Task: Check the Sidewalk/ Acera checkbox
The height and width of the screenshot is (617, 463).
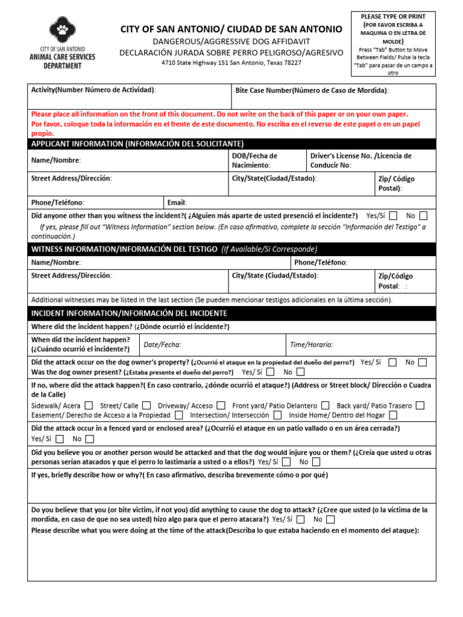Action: tap(89, 406)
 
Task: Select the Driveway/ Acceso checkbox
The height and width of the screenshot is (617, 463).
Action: tap(221, 406)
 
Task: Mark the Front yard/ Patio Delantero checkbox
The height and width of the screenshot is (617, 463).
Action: tap(326, 406)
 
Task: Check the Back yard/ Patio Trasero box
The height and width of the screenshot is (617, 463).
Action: tap(420, 406)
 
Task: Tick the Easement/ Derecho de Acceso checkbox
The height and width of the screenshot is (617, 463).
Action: tap(179, 415)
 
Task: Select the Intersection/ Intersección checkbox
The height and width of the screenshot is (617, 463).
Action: tap(277, 415)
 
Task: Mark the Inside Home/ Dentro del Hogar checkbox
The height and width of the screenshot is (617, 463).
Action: tap(393, 415)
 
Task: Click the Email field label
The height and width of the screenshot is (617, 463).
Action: tap(177, 203)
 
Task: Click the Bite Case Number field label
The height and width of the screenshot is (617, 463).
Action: tap(312, 90)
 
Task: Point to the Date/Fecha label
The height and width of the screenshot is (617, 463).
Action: tap(162, 345)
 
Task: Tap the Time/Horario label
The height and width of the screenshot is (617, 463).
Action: tap(311, 345)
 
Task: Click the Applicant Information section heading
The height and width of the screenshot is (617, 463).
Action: tap(137, 143)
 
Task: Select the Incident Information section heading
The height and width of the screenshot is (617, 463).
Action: tap(129, 313)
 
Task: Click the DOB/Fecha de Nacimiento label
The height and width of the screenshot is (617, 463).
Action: tap(255, 160)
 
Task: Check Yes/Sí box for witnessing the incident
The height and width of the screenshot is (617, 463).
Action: tap(393, 215)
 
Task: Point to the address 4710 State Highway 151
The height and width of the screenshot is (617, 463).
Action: tap(231, 63)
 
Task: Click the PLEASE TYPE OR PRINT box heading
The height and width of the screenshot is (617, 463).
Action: tap(393, 16)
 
